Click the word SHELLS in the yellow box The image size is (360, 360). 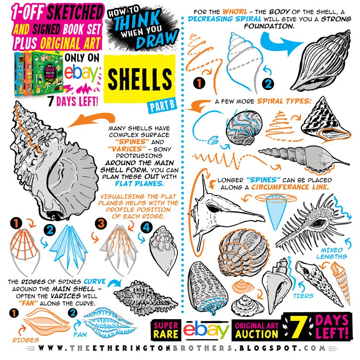click(x=140, y=80)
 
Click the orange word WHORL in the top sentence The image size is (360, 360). click(x=235, y=12)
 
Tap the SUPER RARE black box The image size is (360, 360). click(x=166, y=330)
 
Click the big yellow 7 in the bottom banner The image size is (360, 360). click(x=298, y=327)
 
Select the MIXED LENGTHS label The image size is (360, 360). click(x=332, y=253)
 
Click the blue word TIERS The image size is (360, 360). click(x=303, y=296)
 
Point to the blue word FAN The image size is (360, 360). click(x=80, y=335)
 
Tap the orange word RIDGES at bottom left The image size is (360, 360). click(x=26, y=340)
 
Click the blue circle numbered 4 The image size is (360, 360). click(x=146, y=228)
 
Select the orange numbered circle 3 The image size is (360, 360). click(x=101, y=224)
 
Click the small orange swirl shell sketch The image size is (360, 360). click(x=243, y=286)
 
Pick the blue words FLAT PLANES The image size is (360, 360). click(x=140, y=184)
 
